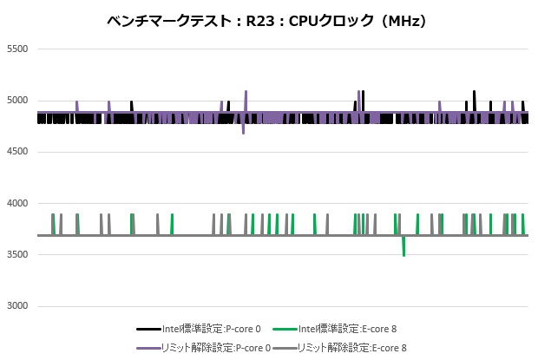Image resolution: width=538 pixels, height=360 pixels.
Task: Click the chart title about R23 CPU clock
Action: [x=269, y=19]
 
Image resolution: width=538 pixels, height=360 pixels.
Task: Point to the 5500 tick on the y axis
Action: [x=17, y=49]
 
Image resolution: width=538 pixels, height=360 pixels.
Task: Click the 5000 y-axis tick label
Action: [x=17, y=101]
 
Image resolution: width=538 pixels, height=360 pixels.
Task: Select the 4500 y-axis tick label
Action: [x=17, y=152]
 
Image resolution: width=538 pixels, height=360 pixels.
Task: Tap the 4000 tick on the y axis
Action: [x=17, y=204]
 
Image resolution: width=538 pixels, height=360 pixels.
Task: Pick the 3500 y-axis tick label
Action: [x=17, y=255]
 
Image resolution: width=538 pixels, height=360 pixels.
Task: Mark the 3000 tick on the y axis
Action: [x=17, y=307]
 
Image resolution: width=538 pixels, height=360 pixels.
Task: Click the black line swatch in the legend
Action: [x=145, y=330]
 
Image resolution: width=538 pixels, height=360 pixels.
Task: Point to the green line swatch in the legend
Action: [x=283, y=330]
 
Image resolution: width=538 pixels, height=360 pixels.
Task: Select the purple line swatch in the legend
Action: [x=145, y=347]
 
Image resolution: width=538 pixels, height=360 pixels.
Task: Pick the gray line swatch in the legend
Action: [x=283, y=347]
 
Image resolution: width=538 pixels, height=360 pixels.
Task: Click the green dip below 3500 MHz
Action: [x=403, y=252]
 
